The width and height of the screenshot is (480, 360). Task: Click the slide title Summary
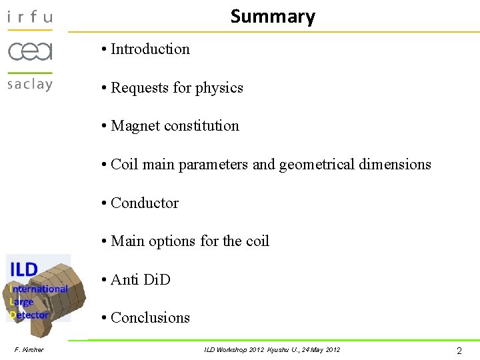point(273,16)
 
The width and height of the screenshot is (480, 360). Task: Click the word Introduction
point(150,49)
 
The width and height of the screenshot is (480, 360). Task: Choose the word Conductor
point(145,203)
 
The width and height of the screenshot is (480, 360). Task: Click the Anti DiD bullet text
point(141,279)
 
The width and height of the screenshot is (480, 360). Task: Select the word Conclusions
point(150,317)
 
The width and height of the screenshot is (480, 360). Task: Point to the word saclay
point(29,84)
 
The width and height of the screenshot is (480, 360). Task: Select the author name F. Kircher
point(29,349)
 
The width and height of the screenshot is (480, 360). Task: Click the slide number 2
point(459,349)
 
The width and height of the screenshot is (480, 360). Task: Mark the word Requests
point(139,87)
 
